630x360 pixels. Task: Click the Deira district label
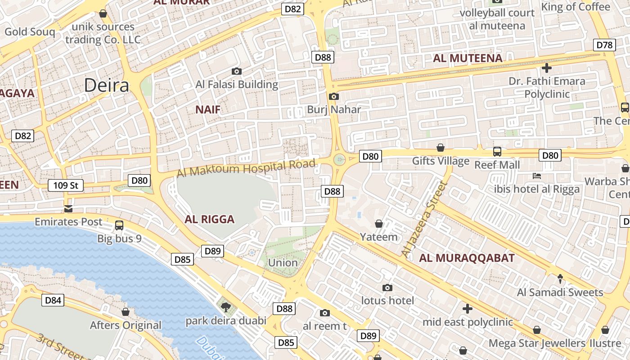(x=107, y=85)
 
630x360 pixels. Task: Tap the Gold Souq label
(x=30, y=32)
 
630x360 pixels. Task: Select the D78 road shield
(x=604, y=45)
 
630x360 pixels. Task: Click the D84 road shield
(x=53, y=300)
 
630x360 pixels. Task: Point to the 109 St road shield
(x=66, y=185)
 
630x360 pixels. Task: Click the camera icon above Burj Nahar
(x=333, y=96)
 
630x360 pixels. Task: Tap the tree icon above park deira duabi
(x=225, y=307)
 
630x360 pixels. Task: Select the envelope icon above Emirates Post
(x=68, y=208)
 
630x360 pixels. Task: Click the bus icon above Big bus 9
(x=119, y=225)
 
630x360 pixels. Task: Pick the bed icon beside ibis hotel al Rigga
(x=536, y=175)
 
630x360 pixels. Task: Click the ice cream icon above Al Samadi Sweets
(x=560, y=279)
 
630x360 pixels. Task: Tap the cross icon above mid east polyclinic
(x=468, y=309)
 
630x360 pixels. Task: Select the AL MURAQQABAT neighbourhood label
(x=467, y=258)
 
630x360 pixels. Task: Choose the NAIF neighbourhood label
(x=208, y=109)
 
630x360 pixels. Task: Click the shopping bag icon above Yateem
(x=379, y=224)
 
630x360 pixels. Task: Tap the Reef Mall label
(x=497, y=165)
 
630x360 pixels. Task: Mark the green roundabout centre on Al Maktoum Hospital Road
(x=339, y=159)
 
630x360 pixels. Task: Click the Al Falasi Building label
(x=237, y=84)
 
